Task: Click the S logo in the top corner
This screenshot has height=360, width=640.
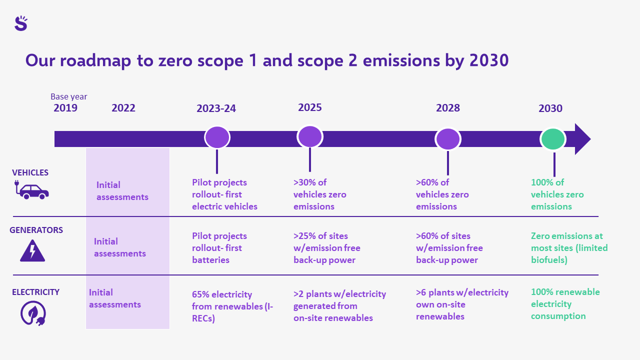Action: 21,23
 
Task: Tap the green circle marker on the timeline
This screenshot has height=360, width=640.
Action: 553,139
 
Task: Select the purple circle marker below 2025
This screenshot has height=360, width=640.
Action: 310,137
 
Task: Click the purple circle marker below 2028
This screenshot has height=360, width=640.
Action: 447,139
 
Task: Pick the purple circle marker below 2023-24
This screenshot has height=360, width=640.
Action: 217,137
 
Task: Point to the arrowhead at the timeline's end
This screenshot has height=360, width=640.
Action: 582,139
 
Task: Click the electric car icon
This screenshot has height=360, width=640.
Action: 31,189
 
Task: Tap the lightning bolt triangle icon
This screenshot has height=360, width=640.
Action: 32,250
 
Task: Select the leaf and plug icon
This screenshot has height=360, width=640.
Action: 33,313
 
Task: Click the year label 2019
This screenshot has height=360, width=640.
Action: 65,108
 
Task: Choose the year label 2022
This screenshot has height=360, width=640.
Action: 123,108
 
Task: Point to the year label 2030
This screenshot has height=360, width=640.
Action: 550,108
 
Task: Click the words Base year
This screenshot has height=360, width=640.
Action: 69,96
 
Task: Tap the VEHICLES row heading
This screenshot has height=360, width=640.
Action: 30,172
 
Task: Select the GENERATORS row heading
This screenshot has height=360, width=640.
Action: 36,230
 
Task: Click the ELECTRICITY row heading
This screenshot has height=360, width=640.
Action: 35,292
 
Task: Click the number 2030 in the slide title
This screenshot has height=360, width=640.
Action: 489,60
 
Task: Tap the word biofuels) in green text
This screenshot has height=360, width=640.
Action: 549,260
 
